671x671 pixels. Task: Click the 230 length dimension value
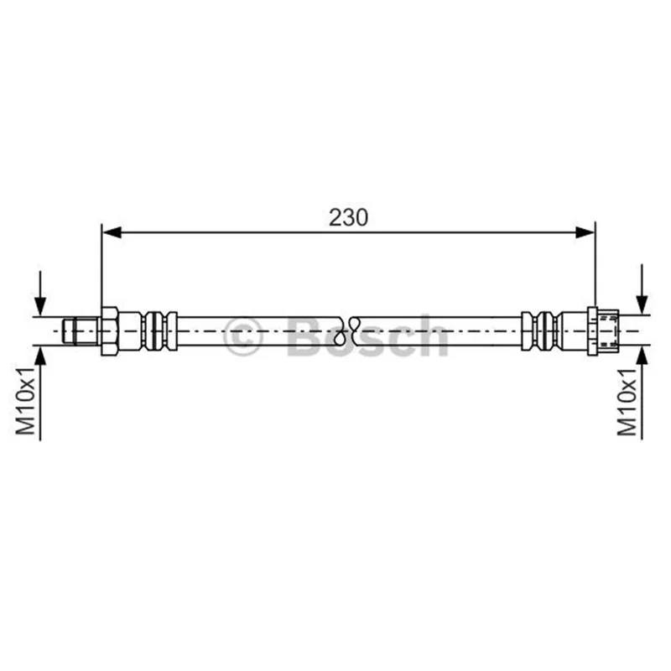coord(348,217)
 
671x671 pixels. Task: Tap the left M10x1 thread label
coord(26,401)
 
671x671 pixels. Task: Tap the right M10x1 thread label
coord(627,402)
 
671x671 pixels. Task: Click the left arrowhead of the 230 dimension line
coord(112,233)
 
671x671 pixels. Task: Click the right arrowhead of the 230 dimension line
coord(585,233)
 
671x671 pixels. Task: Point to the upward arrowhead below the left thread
coord(40,356)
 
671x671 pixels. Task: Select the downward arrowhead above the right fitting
coord(642,305)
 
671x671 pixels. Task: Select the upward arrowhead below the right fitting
coord(642,356)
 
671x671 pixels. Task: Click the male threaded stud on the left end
coord(81,330)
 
